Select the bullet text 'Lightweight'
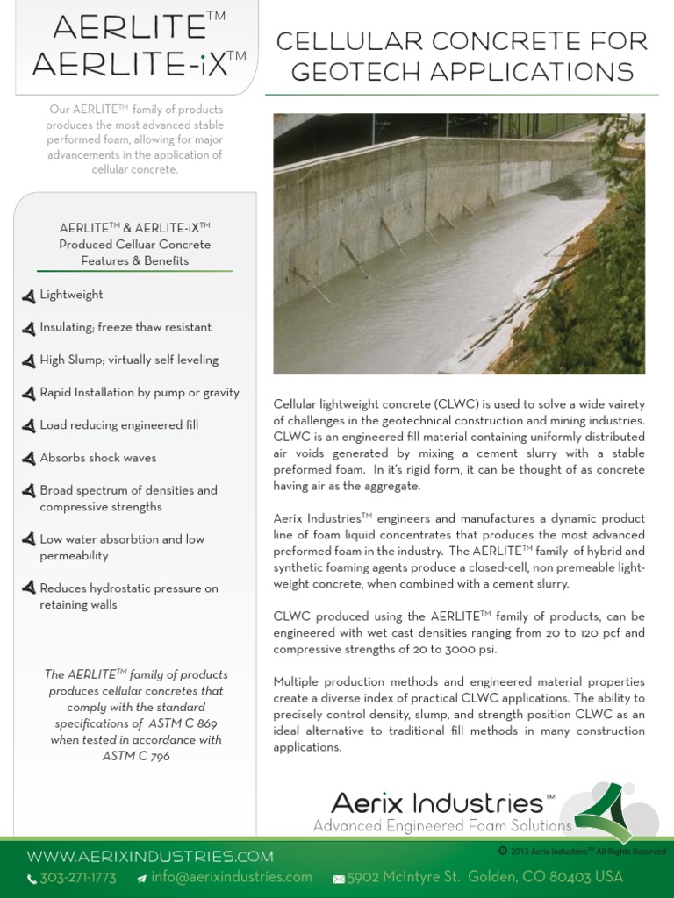tap(71, 295)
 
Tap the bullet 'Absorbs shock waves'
tap(97, 458)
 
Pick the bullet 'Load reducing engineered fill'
tap(118, 425)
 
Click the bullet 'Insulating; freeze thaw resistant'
tap(125, 327)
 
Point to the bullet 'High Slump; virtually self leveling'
tap(129, 360)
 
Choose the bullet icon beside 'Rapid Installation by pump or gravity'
tap(29, 393)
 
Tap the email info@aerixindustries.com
tap(231, 877)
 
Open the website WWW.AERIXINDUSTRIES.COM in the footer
tap(150, 856)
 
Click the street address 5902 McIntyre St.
tap(403, 877)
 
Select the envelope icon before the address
tap(339, 879)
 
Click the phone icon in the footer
tap(32, 879)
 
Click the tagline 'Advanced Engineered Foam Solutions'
tap(442, 825)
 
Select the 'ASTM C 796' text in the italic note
tap(136, 756)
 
